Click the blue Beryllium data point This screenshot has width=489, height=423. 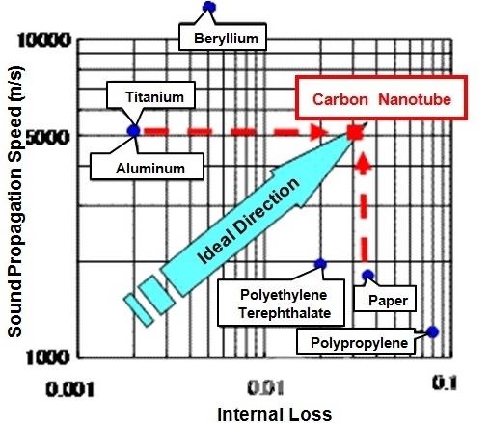tap(209, 7)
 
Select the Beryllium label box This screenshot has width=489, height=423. tap(223, 37)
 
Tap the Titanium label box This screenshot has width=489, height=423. tap(150, 94)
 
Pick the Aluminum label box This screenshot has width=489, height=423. tap(147, 167)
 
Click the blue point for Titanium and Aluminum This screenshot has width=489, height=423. tap(133, 131)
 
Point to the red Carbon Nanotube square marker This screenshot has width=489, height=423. tap(355, 132)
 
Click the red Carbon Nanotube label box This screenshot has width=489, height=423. tap(381, 97)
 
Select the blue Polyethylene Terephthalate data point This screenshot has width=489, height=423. tap(320, 264)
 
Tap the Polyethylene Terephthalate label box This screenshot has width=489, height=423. tap(281, 303)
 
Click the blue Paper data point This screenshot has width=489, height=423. tap(368, 275)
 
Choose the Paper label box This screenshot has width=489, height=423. tap(385, 299)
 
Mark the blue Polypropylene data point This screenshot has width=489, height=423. tap(433, 331)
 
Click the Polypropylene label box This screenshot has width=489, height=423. tap(356, 341)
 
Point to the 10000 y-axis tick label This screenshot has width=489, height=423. tap(44, 40)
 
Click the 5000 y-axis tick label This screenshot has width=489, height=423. tap(47, 138)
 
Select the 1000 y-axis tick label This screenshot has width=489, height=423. tap(47, 357)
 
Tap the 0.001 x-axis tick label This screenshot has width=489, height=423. tap(70, 389)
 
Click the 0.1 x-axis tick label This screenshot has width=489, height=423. tap(445, 383)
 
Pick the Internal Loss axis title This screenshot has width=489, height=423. tap(275, 414)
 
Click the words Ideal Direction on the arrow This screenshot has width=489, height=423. tap(249, 221)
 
